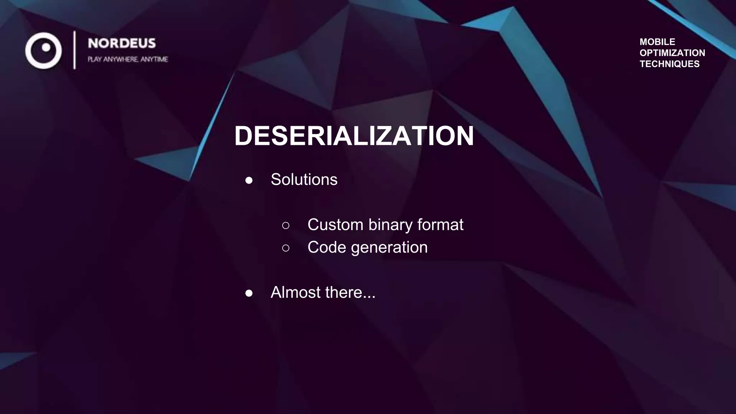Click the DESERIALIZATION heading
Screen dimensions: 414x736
(x=354, y=136)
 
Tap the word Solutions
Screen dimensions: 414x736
(x=304, y=179)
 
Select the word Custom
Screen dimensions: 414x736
(x=335, y=225)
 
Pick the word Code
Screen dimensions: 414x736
(x=327, y=247)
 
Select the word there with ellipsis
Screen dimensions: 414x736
(x=350, y=292)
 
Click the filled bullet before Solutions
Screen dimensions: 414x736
(x=249, y=180)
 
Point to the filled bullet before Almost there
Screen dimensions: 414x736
(x=249, y=293)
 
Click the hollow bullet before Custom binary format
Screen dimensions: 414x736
(x=286, y=225)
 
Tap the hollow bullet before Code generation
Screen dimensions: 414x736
(x=286, y=248)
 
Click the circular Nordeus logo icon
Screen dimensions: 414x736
(x=43, y=50)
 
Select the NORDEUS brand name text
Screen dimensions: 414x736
(x=122, y=43)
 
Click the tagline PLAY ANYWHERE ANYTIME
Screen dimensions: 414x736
(x=128, y=59)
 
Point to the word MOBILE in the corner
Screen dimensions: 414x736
(x=657, y=42)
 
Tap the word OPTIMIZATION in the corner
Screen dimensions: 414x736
(x=672, y=53)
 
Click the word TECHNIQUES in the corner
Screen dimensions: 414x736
(x=670, y=64)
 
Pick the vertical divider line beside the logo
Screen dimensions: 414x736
(x=75, y=50)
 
